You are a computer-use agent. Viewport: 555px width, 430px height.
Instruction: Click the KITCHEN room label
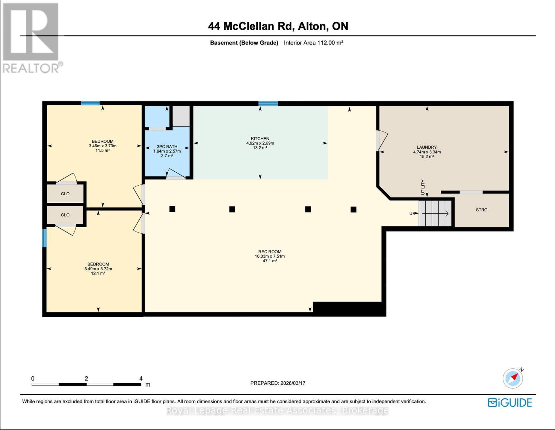tap(260, 139)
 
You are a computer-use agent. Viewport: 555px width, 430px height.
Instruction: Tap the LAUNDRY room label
tap(426, 147)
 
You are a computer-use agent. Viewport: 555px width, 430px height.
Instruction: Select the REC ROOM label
tap(270, 252)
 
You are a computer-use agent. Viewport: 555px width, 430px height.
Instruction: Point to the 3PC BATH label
tap(167, 147)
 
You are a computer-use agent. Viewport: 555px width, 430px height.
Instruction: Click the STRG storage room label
tap(481, 210)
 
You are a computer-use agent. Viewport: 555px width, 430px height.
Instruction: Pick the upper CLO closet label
tap(65, 194)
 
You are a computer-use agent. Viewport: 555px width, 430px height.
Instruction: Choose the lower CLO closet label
tap(65, 215)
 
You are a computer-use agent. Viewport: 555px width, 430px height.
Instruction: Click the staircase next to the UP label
tap(435, 214)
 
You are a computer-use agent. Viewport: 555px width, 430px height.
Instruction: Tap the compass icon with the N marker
tap(513, 378)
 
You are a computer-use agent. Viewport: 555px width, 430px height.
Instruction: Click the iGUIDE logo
tap(510, 402)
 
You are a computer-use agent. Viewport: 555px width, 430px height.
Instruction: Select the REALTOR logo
tap(32, 38)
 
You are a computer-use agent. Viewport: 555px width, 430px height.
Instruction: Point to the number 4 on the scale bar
tap(141, 378)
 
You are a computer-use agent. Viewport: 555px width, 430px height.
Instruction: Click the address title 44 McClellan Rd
tap(278, 26)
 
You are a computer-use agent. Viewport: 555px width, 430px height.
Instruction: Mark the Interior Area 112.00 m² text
tap(313, 43)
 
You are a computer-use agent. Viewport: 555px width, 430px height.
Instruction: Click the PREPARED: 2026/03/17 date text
tap(277, 383)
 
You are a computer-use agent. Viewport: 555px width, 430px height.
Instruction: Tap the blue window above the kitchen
tap(268, 104)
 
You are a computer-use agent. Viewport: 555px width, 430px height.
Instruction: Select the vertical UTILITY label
tap(423, 187)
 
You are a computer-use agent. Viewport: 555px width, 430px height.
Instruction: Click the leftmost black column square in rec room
tap(172, 209)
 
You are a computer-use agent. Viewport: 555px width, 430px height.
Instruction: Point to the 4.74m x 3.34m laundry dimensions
tap(426, 152)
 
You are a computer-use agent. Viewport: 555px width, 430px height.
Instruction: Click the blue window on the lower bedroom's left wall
tap(44, 238)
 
